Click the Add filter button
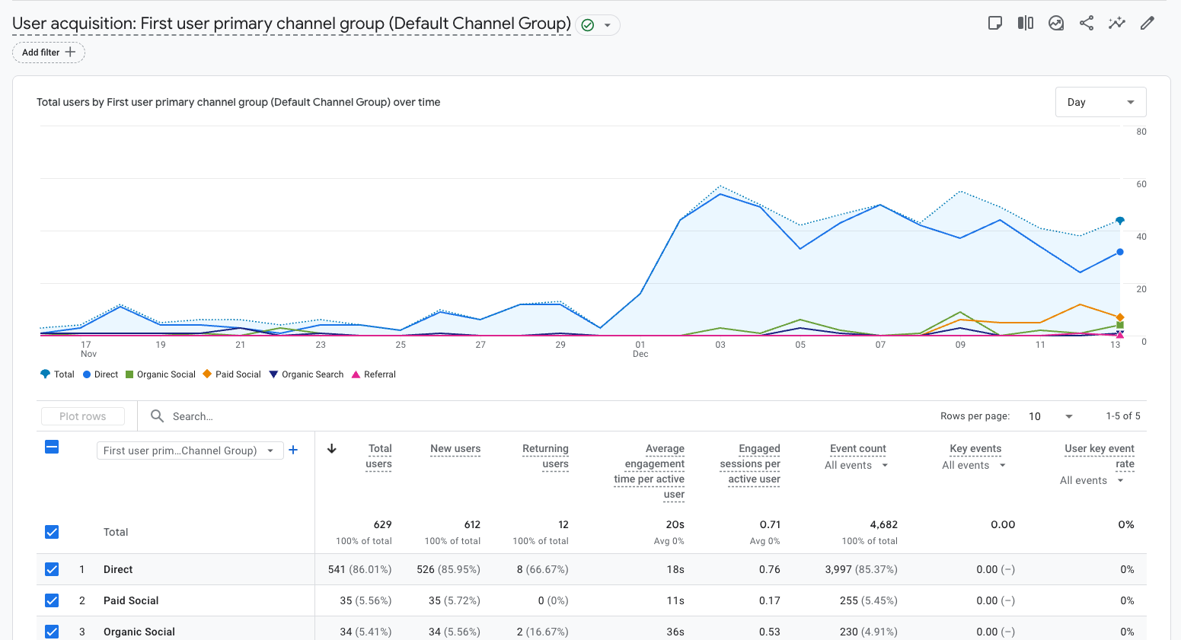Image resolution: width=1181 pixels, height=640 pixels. pyautogui.click(x=49, y=53)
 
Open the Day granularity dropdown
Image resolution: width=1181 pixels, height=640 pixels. pyautogui.click(x=1100, y=102)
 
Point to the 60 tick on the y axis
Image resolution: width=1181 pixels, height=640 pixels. pyautogui.click(x=1141, y=184)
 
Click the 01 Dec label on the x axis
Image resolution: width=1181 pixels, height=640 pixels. pyautogui.click(x=640, y=349)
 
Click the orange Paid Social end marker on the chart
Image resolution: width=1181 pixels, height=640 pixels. pyautogui.click(x=1119, y=317)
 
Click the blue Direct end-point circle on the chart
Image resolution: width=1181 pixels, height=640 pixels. pyautogui.click(x=1119, y=252)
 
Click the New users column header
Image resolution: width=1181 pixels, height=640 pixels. pyautogui.click(x=455, y=449)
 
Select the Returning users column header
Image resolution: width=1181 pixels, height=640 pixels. pyautogui.click(x=545, y=456)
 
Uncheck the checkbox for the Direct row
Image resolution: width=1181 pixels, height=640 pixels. pyautogui.click(x=52, y=569)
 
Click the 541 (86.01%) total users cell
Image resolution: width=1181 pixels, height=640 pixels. pyautogui.click(x=359, y=569)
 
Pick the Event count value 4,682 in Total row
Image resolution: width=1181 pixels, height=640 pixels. pyautogui.click(x=883, y=524)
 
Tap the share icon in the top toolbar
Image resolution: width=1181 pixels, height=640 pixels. pyautogui.click(x=1087, y=23)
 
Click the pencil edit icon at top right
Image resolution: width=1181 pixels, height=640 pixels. pyautogui.click(x=1147, y=23)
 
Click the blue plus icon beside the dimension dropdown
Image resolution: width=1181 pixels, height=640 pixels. pyautogui.click(x=293, y=450)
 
